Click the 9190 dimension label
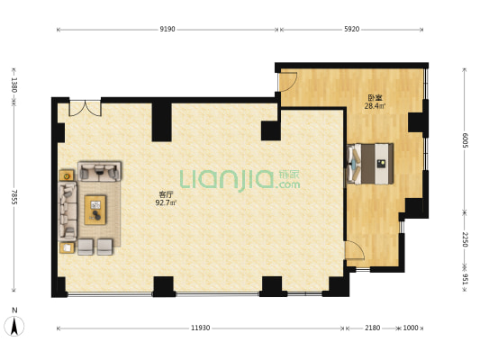[x=168, y=30]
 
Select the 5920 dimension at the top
[x=351, y=30]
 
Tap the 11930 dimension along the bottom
[x=201, y=328]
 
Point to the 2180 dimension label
[x=372, y=328]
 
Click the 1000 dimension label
[x=410, y=328]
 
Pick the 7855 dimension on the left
[x=14, y=197]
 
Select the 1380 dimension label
[x=14, y=85]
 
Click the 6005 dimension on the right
[x=466, y=140]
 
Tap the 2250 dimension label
[x=466, y=239]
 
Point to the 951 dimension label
[x=466, y=279]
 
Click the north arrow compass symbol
[x=14, y=326]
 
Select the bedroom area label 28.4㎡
[x=375, y=106]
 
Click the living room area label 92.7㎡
[x=166, y=202]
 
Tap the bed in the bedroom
[x=370, y=164]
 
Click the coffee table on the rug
[x=95, y=210]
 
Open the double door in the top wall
[x=85, y=107]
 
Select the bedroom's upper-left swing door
[x=287, y=82]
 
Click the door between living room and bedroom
[x=355, y=250]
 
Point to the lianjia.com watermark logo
[x=240, y=180]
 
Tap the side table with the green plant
[x=67, y=175]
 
